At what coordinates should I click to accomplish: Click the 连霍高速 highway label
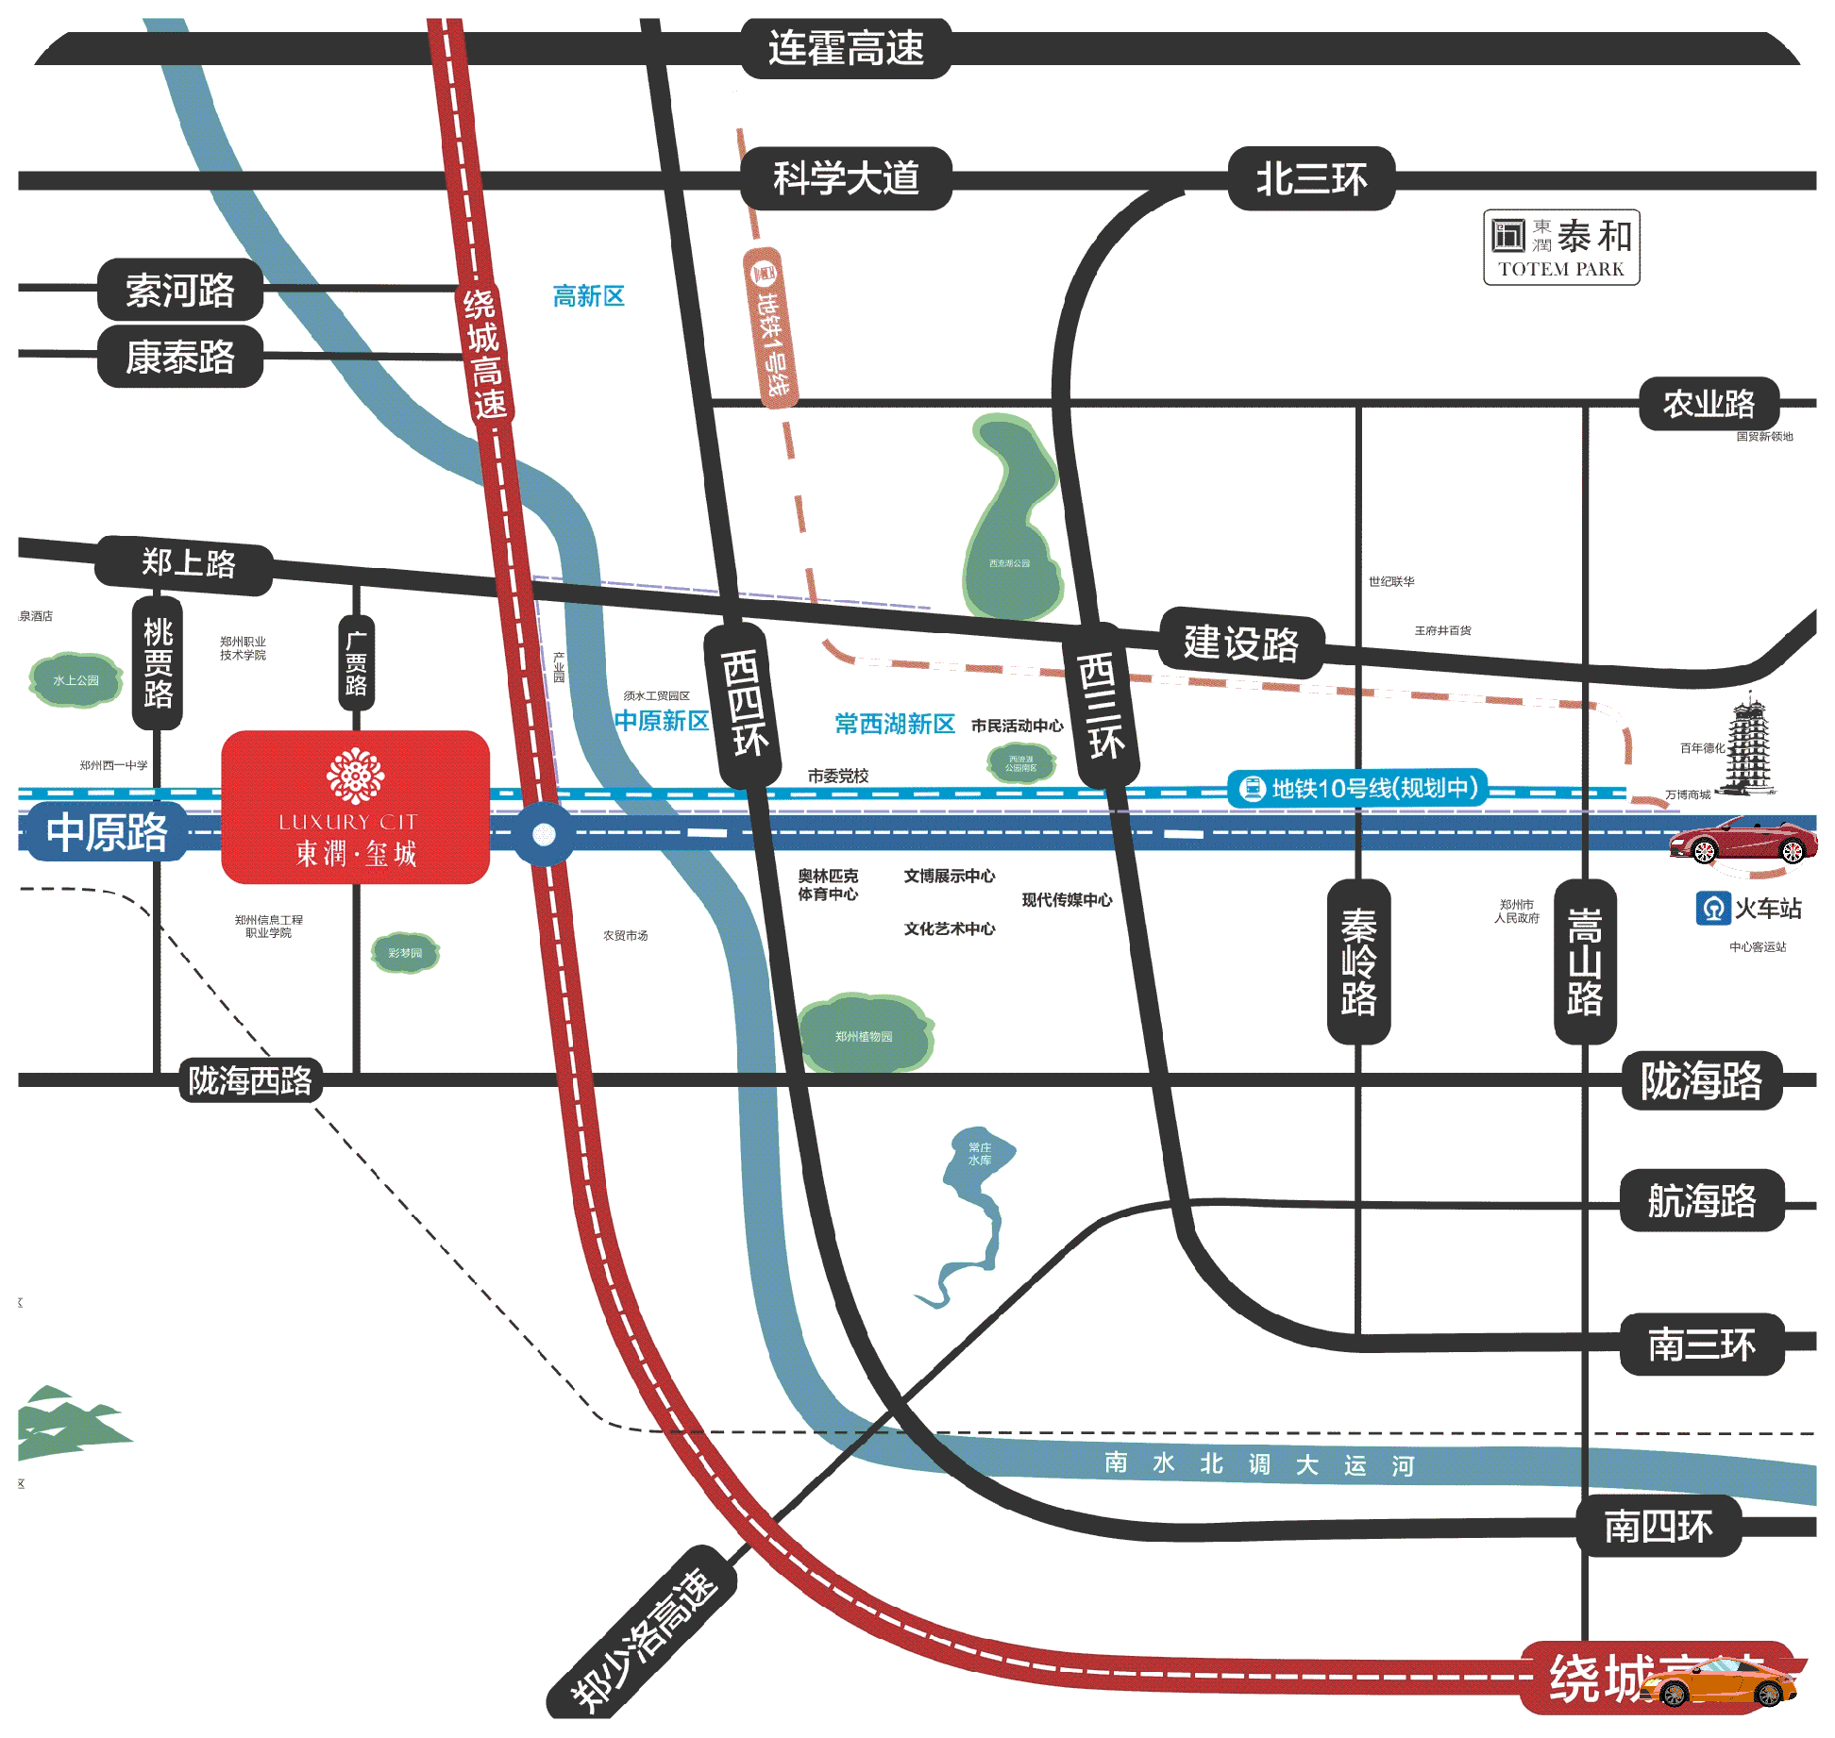845,48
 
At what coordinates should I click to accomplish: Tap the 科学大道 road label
846,178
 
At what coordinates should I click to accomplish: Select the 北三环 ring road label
1310,178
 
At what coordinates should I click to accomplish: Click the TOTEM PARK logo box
1561,247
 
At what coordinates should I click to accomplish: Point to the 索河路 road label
179,290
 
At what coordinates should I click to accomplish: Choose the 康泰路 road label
179,357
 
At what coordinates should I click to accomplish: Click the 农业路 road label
1709,404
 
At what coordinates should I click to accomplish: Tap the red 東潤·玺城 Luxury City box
355,808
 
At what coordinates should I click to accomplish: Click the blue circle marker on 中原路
544,834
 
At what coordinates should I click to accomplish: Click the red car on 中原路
1742,840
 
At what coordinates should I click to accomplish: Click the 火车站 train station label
1750,909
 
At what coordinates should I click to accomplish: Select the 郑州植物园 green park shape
864,1034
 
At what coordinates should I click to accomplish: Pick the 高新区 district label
588,296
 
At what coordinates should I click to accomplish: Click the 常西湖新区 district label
894,724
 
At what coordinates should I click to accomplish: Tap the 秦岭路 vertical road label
1358,961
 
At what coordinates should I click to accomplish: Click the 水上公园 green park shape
76,679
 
